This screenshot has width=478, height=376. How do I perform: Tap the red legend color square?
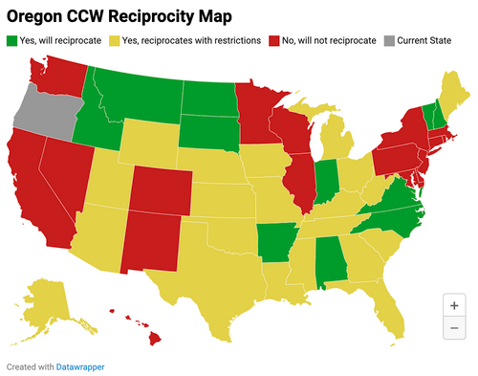click(x=273, y=41)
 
